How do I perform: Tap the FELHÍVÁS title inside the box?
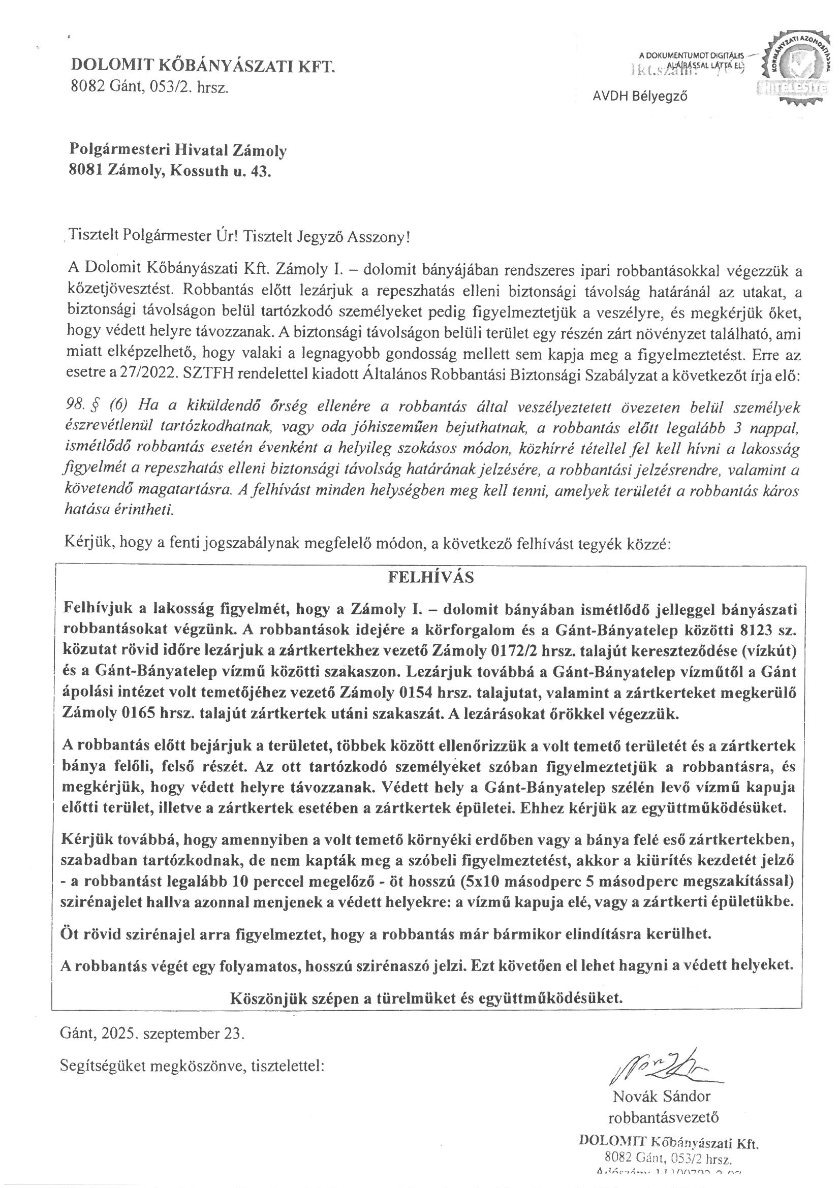430,577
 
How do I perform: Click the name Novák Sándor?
662,1096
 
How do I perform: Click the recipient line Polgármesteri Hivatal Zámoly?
178,150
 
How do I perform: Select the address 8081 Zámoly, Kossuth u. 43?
170,171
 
